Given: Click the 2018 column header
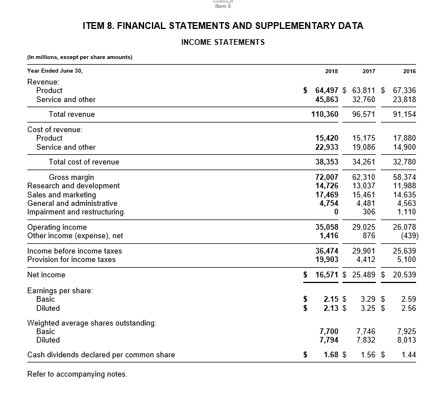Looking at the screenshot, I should pos(332,71).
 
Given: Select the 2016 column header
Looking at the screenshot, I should pos(409,71).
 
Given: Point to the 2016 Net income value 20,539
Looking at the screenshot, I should pos(404,275).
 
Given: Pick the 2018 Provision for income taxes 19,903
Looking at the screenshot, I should pos(327,259).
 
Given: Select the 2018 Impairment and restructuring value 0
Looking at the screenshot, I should pos(336,212).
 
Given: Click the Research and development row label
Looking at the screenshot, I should pos(74,185).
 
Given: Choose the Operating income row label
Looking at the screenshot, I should pos(57,227).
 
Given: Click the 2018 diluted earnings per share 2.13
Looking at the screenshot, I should pos(330,308).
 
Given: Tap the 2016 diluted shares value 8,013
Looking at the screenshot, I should pos(406,340).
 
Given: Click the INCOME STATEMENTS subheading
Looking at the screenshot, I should pos(223,42).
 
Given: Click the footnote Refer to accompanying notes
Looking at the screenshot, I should pos(77,374).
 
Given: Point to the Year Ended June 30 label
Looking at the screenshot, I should pos(55,71).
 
